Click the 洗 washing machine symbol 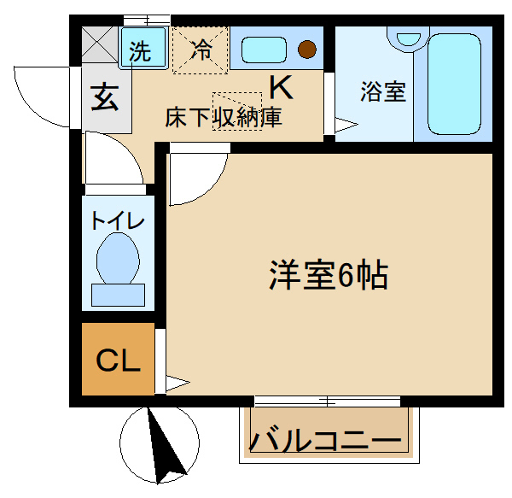point(143,47)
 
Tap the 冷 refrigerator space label point(201,50)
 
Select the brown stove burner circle point(307,50)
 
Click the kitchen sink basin point(264,50)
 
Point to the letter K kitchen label point(281,87)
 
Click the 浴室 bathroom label point(383,91)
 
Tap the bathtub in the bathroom point(454,85)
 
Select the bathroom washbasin point(408,39)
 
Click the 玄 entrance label point(104,97)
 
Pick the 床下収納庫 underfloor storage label point(224,117)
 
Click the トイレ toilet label point(118,220)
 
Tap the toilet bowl point(118,258)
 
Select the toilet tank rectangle point(118,295)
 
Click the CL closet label point(118,360)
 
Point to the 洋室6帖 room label point(329,275)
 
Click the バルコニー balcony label point(325,441)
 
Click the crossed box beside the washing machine point(100,44)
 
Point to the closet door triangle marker point(177,383)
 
